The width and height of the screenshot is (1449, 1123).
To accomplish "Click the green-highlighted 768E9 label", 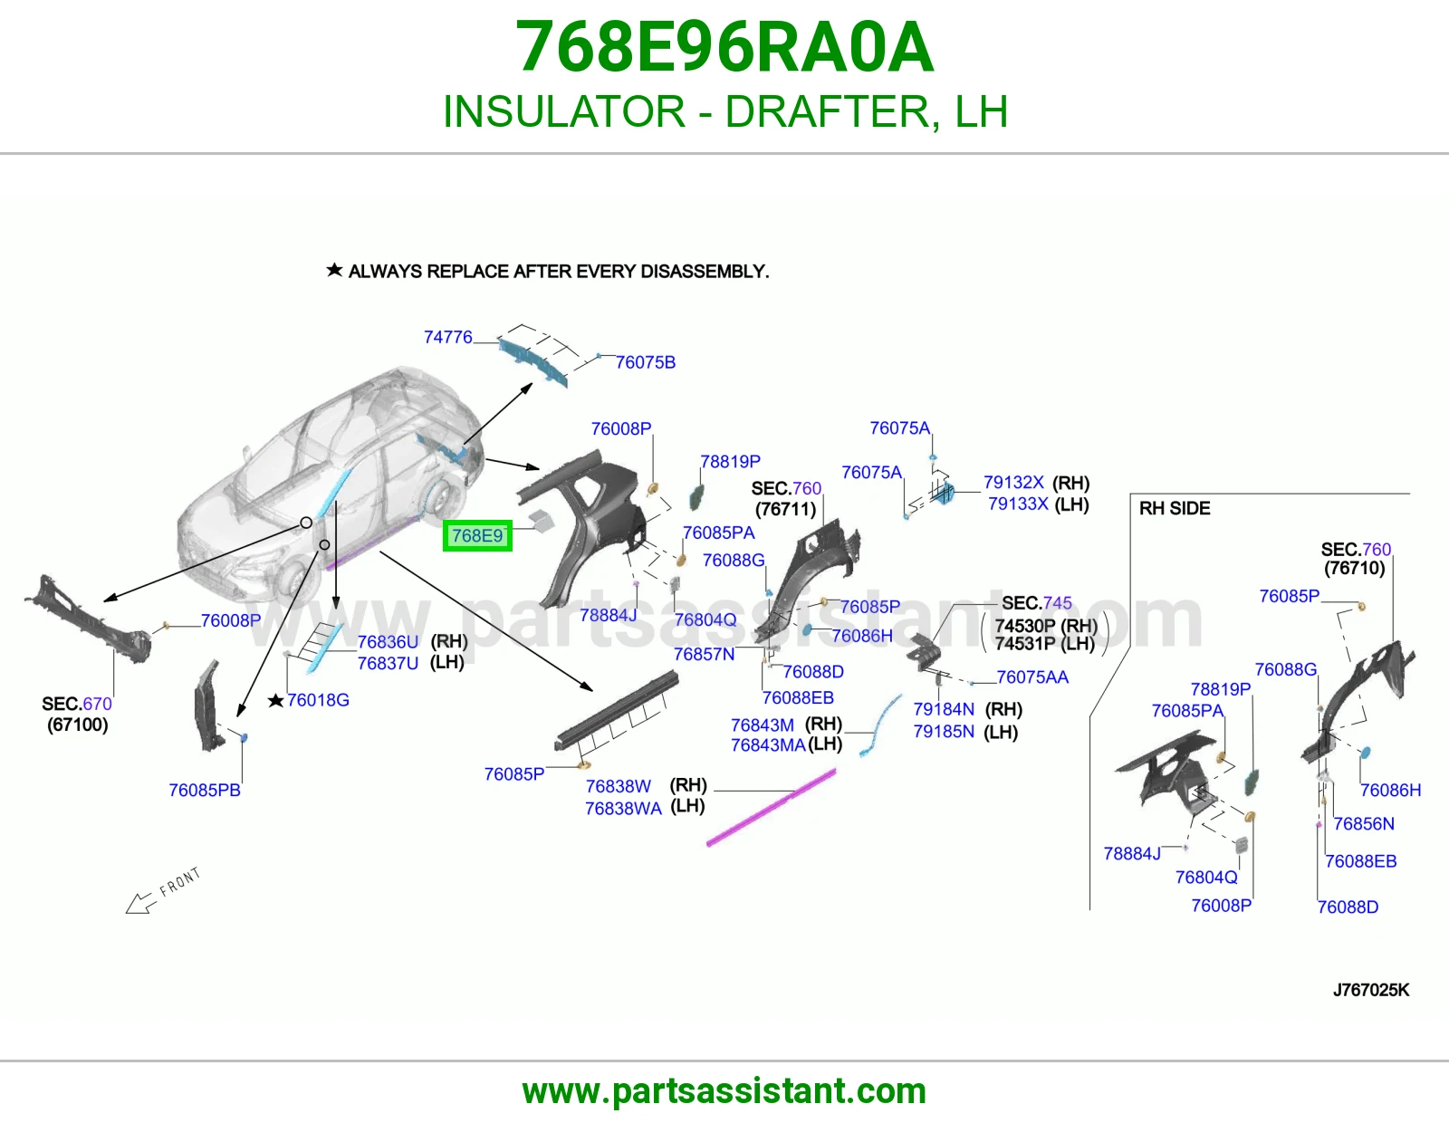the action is pyautogui.click(x=477, y=535).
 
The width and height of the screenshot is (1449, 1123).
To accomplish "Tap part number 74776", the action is pyautogui.click(x=447, y=338).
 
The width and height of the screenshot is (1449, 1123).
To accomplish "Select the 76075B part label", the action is pyautogui.click(x=645, y=362).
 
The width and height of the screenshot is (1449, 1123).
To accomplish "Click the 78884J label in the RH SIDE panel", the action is pyautogui.click(x=1132, y=854).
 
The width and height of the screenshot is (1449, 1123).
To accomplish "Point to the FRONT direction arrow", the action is pyautogui.click(x=140, y=903).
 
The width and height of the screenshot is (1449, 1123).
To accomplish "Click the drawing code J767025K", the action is pyautogui.click(x=1371, y=990).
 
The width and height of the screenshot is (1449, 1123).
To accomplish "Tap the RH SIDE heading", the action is pyautogui.click(x=1175, y=508).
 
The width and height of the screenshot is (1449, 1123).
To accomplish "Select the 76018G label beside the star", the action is pyautogui.click(x=318, y=700).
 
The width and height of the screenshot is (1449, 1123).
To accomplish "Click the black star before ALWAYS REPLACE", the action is pyautogui.click(x=334, y=270).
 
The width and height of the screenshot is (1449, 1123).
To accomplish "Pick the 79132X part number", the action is pyautogui.click(x=1013, y=482).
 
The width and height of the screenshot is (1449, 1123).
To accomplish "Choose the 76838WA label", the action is pyautogui.click(x=623, y=808).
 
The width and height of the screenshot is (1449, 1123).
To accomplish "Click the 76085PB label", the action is pyautogui.click(x=205, y=791).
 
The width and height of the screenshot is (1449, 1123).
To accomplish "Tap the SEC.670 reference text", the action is pyautogui.click(x=77, y=704).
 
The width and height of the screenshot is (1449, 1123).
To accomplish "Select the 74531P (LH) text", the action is pyautogui.click(x=1045, y=644).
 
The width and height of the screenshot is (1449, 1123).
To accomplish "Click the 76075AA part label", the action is pyautogui.click(x=1032, y=677).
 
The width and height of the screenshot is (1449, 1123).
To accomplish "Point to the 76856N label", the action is pyautogui.click(x=1364, y=823).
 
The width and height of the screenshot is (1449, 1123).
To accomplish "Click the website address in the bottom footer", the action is pyautogui.click(x=724, y=1091).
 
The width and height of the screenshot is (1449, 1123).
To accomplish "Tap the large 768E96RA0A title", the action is pyautogui.click(x=724, y=47).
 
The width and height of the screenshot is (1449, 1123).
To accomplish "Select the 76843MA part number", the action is pyautogui.click(x=768, y=744).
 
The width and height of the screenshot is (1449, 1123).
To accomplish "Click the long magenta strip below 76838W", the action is pyautogui.click(x=771, y=808).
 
